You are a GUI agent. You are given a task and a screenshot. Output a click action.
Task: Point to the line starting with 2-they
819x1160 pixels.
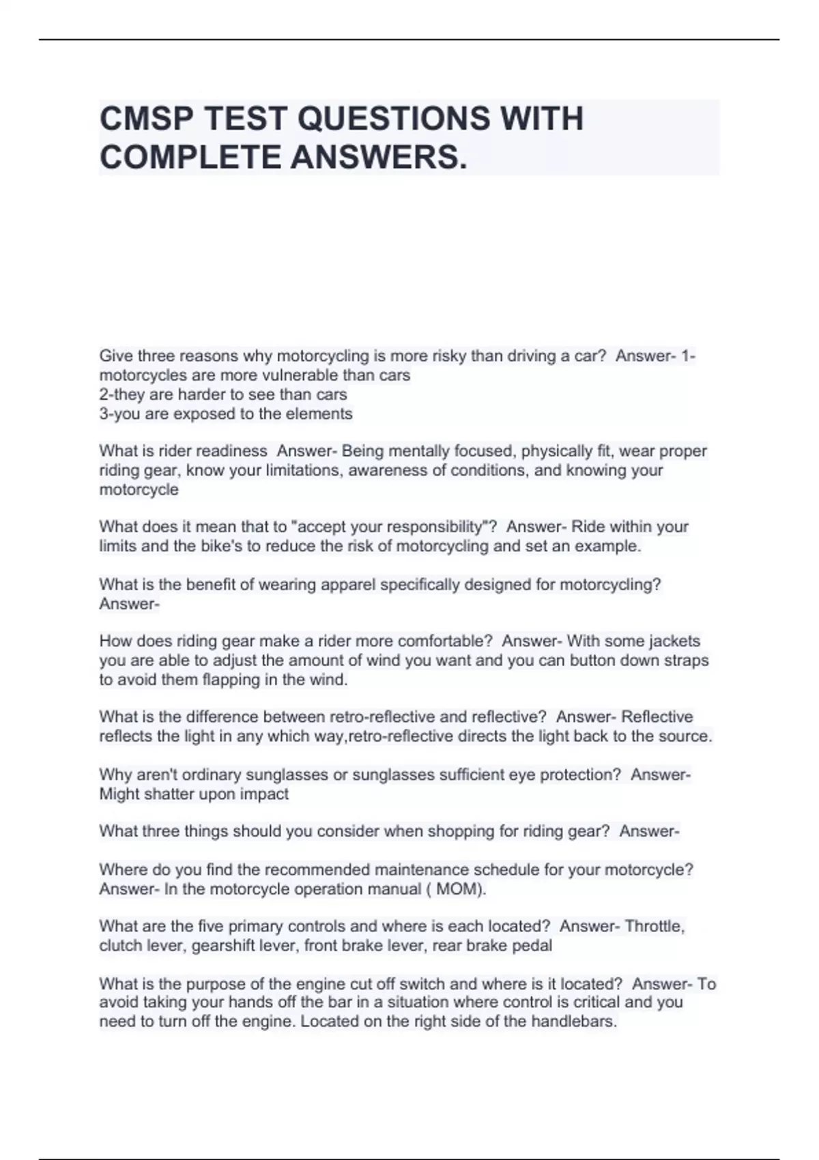pos(222,394)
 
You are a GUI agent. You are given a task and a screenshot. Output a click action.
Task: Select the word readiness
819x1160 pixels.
pos(231,451)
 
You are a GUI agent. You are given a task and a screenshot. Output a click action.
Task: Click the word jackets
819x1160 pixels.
pos(673,641)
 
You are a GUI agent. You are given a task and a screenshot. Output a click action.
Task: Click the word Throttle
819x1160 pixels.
pos(655,927)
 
